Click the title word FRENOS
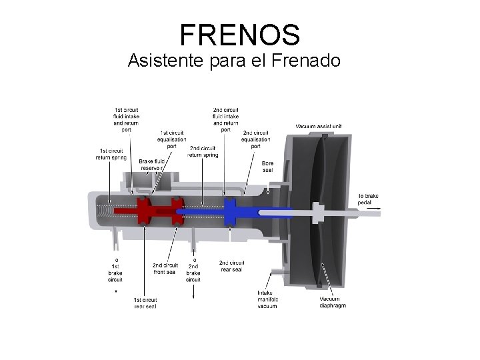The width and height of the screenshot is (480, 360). [240, 34]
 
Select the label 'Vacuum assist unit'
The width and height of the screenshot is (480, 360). [319, 126]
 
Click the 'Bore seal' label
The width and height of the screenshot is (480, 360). [268, 167]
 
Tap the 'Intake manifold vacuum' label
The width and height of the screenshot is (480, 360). [268, 299]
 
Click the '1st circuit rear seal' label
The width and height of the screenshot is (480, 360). [145, 303]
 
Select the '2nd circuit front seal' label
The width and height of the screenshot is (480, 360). [165, 269]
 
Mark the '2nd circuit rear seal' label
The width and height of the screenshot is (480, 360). [231, 265]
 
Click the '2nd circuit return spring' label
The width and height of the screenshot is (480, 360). [203, 151]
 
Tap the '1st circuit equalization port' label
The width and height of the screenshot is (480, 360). [171, 139]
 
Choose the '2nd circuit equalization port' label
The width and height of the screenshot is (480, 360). [256, 139]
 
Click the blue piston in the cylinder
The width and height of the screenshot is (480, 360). [231, 211]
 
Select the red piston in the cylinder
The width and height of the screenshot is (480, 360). [145, 212]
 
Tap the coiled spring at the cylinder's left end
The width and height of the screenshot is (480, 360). [105, 211]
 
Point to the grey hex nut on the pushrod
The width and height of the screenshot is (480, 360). [317, 212]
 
